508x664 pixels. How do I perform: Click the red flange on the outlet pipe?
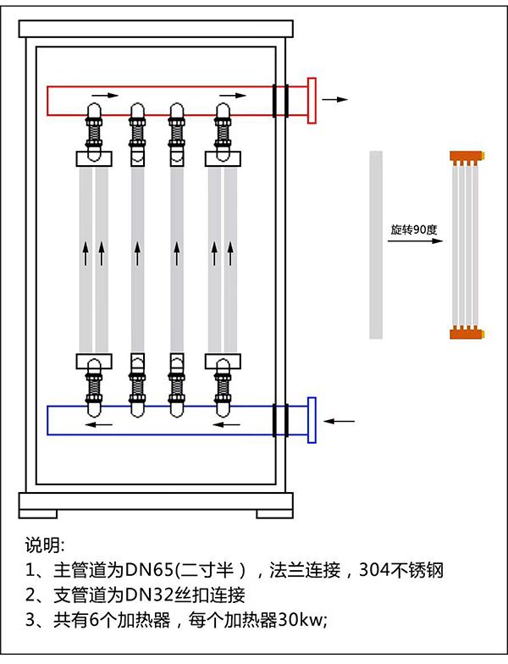pyautogui.click(x=312, y=100)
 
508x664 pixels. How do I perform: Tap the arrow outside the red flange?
pyautogui.click(x=335, y=99)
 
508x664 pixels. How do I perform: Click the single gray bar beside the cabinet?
pyautogui.click(x=376, y=244)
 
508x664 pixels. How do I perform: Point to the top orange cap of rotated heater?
pyautogui.click(x=468, y=157)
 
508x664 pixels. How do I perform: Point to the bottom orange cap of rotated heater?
pyautogui.click(x=468, y=331)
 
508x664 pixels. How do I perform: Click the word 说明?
pyautogui.click(x=45, y=543)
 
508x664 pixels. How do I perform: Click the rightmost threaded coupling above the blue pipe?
pyautogui.click(x=224, y=386)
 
